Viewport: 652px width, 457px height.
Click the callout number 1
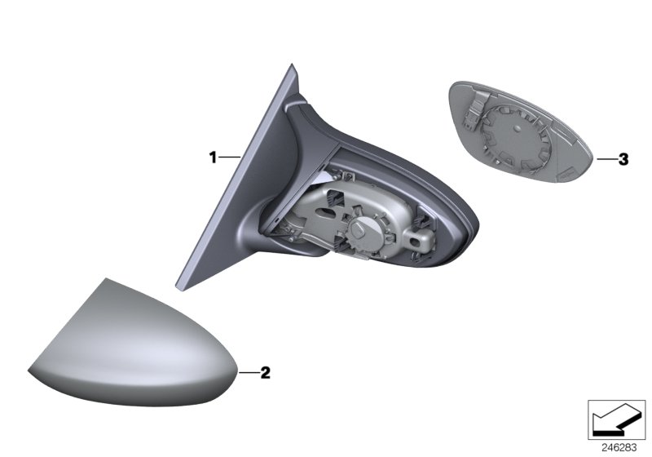click(213, 156)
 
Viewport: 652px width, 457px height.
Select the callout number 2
click(264, 373)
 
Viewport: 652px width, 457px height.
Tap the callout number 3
click(623, 160)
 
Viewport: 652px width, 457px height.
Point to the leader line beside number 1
click(229, 156)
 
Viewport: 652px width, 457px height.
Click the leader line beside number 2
click(248, 373)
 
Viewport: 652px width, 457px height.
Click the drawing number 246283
click(619, 447)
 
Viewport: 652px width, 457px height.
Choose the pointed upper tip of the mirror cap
click(106, 281)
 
